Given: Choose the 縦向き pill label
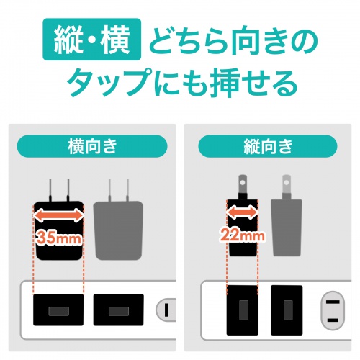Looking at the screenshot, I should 266,147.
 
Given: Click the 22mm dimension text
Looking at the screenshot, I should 242,234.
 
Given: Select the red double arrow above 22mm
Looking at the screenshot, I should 242,212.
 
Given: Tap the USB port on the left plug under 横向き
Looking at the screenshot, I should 58,312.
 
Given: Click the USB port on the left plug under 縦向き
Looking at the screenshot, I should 242,311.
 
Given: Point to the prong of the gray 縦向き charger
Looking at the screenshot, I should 287,184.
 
